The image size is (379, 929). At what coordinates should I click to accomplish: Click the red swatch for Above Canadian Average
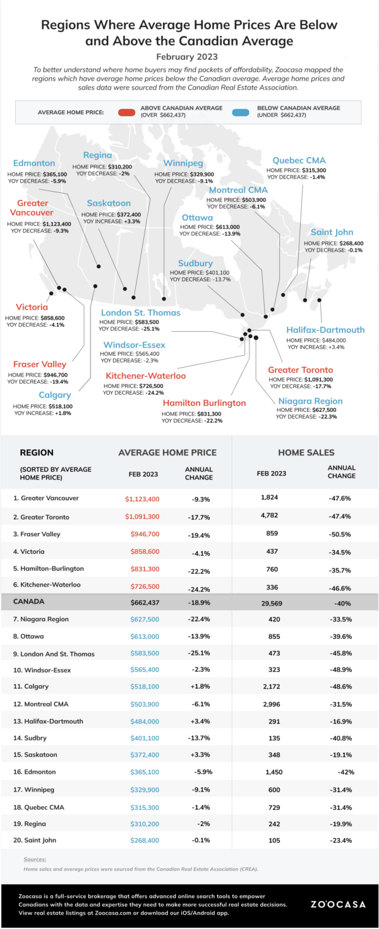(126, 112)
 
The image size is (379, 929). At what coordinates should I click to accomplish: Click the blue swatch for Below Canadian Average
(241, 112)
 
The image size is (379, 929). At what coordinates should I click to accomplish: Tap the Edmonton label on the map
(34, 163)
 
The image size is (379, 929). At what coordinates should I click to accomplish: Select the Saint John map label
(332, 232)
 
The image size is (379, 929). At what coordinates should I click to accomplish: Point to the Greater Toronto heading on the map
(301, 370)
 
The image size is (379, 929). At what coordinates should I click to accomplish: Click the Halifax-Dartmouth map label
(325, 330)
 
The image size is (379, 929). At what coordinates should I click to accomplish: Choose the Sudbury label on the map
(195, 264)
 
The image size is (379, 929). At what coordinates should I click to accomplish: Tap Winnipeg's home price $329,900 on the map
(202, 175)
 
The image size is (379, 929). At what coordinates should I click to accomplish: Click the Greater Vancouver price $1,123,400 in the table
(142, 499)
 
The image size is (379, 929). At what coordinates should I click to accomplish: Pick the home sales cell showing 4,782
(269, 515)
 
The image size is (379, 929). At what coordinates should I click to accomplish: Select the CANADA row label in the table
(28, 602)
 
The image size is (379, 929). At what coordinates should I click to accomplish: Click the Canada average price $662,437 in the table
(145, 602)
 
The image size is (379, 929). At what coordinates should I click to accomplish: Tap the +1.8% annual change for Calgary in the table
(200, 686)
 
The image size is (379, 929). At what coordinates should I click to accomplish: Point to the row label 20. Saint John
(35, 840)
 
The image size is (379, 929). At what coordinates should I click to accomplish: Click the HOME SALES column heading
(306, 452)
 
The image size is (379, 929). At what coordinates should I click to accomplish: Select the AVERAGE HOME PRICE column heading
(167, 452)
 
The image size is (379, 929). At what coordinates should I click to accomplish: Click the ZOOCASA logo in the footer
(339, 904)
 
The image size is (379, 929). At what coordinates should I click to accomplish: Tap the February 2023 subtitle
(187, 57)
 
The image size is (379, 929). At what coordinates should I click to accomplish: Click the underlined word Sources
(35, 860)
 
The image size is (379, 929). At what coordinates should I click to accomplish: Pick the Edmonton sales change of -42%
(346, 772)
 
